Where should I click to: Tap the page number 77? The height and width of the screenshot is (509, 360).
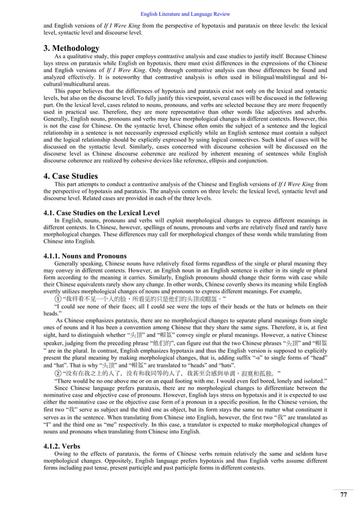tap(343, 495)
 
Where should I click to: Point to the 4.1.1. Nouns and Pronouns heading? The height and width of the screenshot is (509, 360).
tap(83, 256)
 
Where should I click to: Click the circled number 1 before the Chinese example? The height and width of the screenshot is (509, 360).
tap(58, 299)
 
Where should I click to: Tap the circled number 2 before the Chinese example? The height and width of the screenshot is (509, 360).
tap(58, 372)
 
